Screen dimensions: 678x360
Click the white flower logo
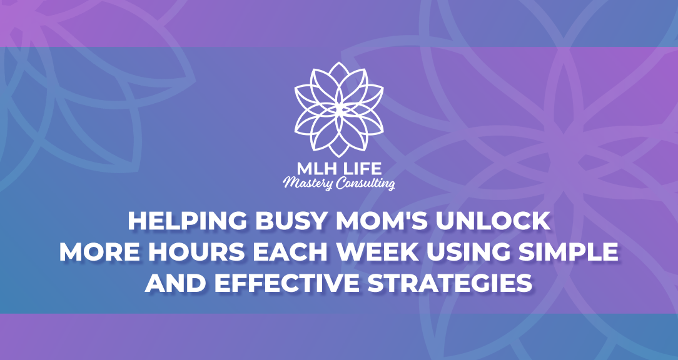pyautogui.click(x=339, y=109)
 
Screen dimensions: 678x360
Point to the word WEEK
pyautogui.click(x=378, y=252)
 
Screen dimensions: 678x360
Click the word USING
pyautogui.click(x=470, y=252)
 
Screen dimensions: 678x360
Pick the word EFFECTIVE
pyautogui.click(x=286, y=284)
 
